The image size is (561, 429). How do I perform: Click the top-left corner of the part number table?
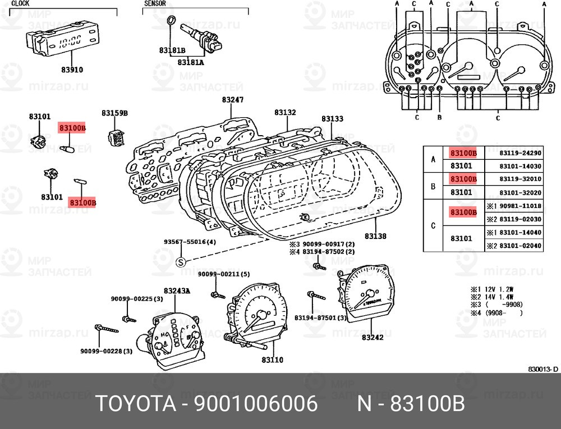pyautogui.click(x=423, y=146)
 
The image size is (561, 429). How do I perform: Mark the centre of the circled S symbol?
pyautogui.click(x=181, y=262)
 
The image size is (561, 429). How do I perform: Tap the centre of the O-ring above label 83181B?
pyautogui.click(x=172, y=20)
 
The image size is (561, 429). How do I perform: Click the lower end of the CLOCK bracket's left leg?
pyautogui.click(x=10, y=16)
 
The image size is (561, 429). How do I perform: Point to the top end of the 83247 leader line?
pyautogui.click(x=231, y=104)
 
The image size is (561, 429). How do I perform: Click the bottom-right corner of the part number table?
pyautogui.click(x=544, y=252)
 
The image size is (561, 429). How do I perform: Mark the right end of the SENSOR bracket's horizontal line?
pyautogui.click(x=249, y=8)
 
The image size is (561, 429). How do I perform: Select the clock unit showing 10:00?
pyautogui.click(x=62, y=41)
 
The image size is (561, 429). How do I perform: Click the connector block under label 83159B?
pyautogui.click(x=117, y=137)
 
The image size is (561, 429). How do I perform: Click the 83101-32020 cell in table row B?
pyautogui.click(x=520, y=193)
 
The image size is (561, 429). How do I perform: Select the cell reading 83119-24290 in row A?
pyautogui.click(x=520, y=153)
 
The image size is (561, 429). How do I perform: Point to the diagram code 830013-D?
pyautogui.click(x=543, y=370)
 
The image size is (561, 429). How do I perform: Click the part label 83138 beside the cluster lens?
pyautogui.click(x=375, y=236)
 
